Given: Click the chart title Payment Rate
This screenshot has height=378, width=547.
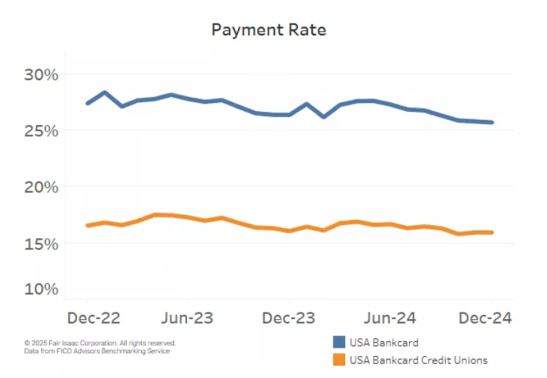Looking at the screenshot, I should (268, 30).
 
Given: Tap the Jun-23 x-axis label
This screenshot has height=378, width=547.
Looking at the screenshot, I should (187, 318).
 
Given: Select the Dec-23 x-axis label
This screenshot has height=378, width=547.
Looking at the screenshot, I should (289, 318).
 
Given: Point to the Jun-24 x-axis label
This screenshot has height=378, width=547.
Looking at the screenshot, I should (390, 318).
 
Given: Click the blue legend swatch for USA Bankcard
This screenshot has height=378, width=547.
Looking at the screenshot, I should (338, 342).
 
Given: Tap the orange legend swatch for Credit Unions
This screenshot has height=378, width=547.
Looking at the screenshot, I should (338, 360).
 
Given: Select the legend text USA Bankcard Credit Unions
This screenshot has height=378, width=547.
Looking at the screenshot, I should (419, 360).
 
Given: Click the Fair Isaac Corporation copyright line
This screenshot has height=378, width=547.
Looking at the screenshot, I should (100, 343).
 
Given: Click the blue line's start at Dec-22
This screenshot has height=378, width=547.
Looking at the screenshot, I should (87, 103).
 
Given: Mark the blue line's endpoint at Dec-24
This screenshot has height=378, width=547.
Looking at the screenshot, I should (491, 122).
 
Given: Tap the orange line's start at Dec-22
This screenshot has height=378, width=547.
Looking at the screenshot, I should (87, 225).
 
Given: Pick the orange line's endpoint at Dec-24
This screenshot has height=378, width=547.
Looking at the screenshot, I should (491, 232).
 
